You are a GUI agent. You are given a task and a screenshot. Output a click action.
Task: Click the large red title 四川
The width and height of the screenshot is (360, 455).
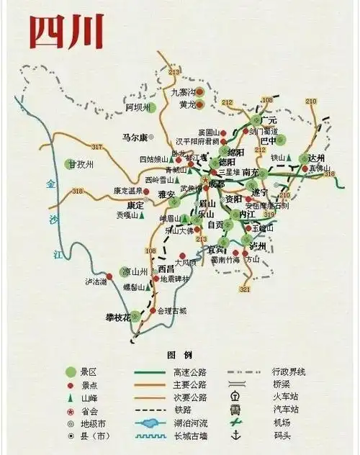coord(66,30)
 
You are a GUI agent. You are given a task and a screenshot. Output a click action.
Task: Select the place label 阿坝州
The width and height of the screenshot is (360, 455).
coord(139,107)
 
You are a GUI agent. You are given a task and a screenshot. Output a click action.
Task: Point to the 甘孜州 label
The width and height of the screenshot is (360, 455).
coord(81,164)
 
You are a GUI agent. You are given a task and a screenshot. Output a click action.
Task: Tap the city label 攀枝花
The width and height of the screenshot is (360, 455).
coord(118,317)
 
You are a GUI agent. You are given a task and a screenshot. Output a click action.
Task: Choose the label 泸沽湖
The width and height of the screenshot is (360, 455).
coord(96,281)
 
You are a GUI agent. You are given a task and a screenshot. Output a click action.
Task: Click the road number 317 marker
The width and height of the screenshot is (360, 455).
coord(97,148)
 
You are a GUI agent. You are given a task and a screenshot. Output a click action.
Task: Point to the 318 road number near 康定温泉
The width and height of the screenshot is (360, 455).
coord(78,191)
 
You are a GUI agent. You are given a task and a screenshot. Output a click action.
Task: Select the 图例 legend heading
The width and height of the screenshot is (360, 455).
coord(179,355)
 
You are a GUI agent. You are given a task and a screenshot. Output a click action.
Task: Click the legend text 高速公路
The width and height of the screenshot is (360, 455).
coord(191,372)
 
